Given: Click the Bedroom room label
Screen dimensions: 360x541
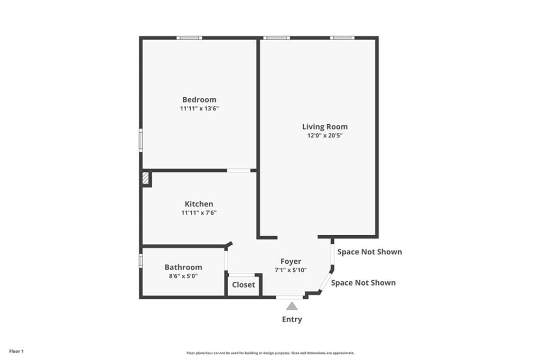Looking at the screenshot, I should point(199,99).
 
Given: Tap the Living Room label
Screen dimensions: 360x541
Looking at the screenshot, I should point(325,126).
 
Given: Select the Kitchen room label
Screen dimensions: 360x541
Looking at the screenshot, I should point(199,204).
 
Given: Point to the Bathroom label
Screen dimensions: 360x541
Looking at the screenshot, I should point(183,267).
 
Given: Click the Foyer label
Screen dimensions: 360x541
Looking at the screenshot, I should point(291,261).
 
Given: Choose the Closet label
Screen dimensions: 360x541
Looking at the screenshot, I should point(244,284).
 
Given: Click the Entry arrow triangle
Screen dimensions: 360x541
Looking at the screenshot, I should point(292,306).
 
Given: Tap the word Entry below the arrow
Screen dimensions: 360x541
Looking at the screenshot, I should point(292,319).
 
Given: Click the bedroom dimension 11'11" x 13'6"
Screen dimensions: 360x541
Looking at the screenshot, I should point(199,108).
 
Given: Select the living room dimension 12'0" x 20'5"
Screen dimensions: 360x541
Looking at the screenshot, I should point(325,135).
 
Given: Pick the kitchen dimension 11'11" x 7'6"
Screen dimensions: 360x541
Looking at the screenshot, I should point(199,213).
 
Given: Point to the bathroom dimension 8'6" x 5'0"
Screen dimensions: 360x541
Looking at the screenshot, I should point(183,275).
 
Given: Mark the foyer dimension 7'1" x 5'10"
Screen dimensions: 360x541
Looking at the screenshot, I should point(291,270).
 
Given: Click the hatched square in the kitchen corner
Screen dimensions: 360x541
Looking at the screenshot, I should point(146,178).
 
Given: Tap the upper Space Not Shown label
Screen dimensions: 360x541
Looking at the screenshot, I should point(369,252).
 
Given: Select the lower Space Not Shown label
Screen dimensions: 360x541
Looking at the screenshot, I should point(363,282).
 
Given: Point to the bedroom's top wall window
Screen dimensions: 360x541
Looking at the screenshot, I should point(189,38).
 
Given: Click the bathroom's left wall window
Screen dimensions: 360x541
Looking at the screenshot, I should point(141,261).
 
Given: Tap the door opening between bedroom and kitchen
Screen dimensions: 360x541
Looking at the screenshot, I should point(239,170).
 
